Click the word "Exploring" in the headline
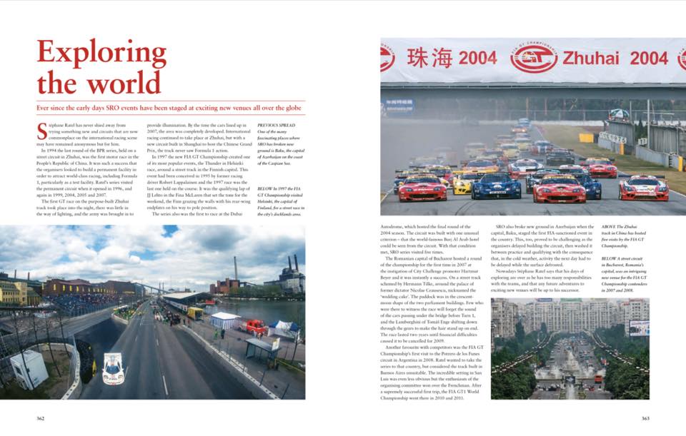click(x=101, y=54)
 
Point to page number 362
click(x=41, y=418)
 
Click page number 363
click(x=645, y=418)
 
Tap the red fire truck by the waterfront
click(x=256, y=328)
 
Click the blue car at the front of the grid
click(x=496, y=187)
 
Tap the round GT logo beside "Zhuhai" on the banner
click(x=535, y=59)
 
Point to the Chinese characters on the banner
click(x=428, y=58)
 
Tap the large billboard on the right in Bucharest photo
click(x=639, y=328)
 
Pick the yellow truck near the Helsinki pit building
click(x=193, y=313)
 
